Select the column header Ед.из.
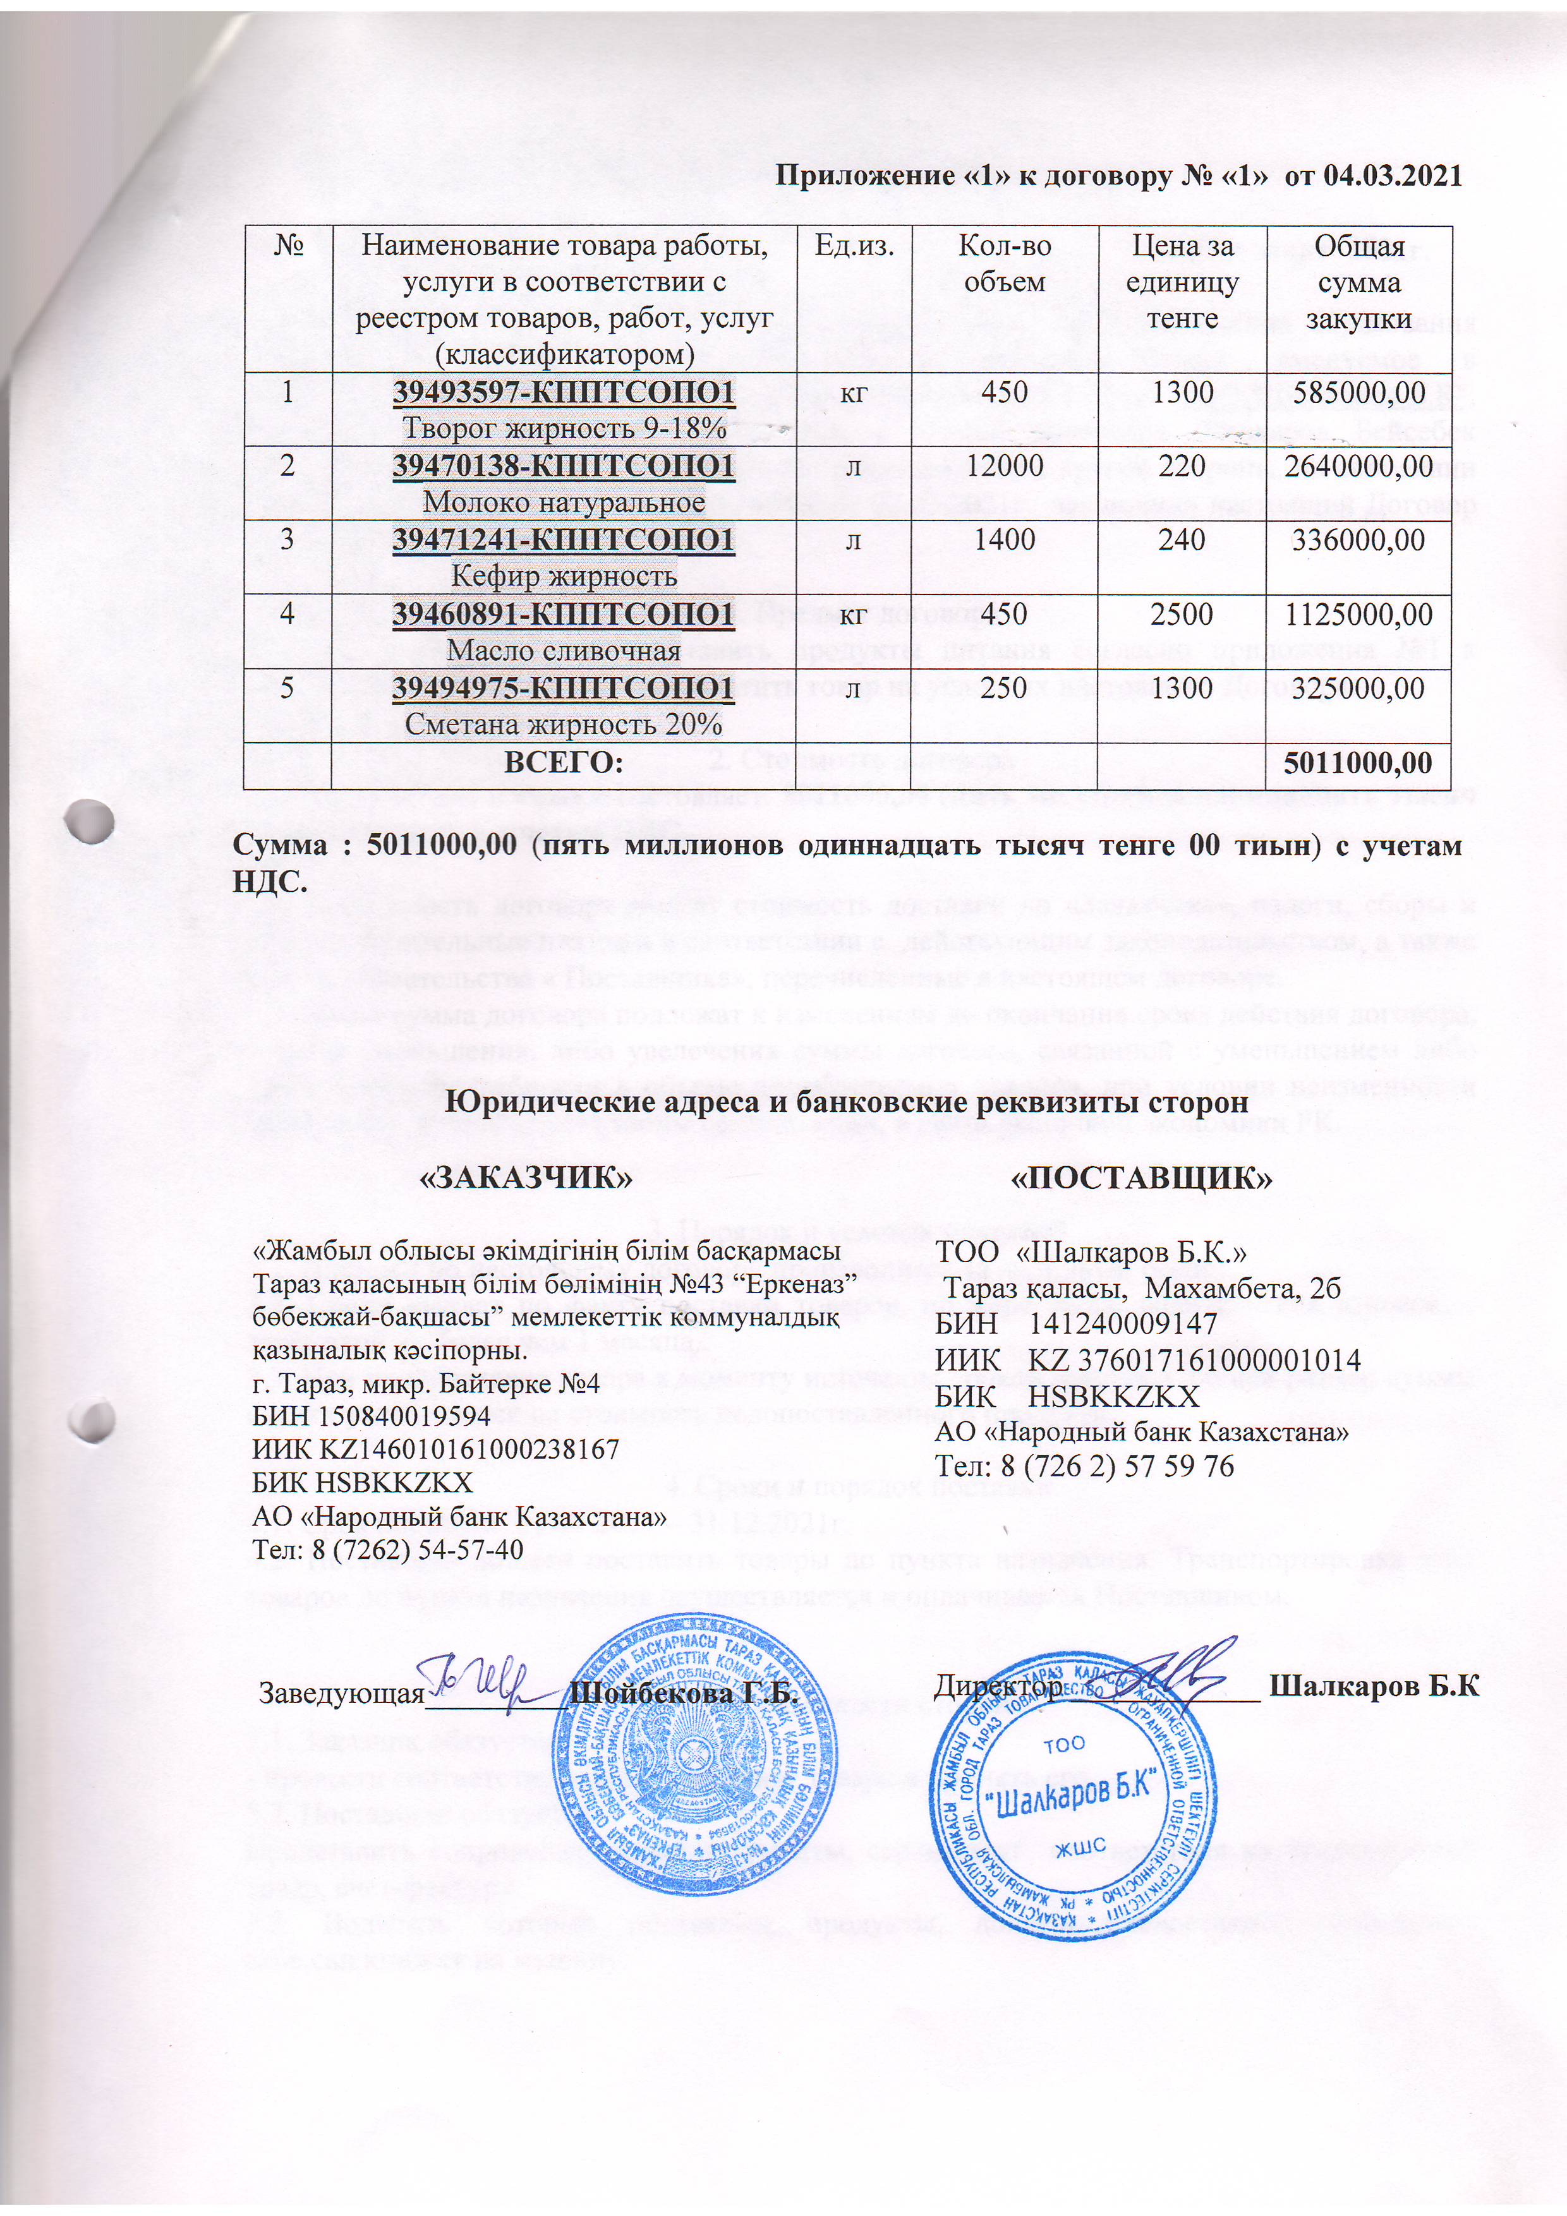(854, 246)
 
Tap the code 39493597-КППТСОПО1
(564, 392)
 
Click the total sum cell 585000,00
(1358, 392)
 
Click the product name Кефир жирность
(564, 576)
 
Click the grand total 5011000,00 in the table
(1358, 762)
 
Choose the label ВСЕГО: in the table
(564, 762)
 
